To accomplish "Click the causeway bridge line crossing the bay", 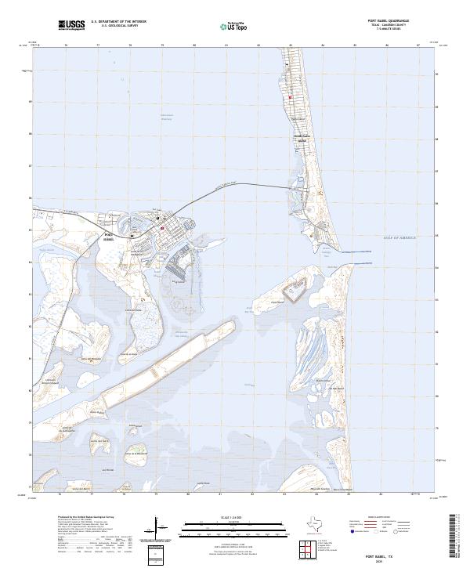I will [x=235, y=183].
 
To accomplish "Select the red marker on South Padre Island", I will [x=290, y=97].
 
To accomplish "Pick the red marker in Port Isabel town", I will [x=162, y=228].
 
